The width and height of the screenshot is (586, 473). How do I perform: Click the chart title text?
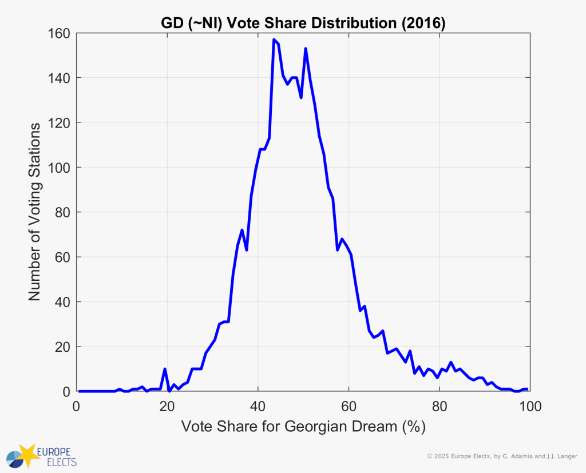(x=302, y=23)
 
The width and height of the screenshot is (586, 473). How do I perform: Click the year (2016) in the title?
(x=423, y=23)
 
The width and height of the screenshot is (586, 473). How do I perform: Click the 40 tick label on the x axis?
(x=258, y=407)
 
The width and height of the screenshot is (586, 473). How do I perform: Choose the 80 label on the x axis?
(x=439, y=407)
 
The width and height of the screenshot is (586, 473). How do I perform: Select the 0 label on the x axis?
(x=77, y=407)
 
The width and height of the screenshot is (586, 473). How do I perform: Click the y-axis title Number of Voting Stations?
(x=34, y=212)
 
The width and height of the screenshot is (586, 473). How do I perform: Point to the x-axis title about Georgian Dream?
(x=303, y=427)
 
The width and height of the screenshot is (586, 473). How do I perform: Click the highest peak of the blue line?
(x=274, y=40)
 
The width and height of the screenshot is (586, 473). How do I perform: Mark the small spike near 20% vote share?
(x=165, y=369)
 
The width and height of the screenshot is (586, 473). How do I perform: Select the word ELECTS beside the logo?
(x=56, y=461)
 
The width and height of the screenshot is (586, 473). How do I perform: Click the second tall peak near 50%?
(x=306, y=49)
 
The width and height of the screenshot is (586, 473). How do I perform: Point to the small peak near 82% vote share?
(x=451, y=363)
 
